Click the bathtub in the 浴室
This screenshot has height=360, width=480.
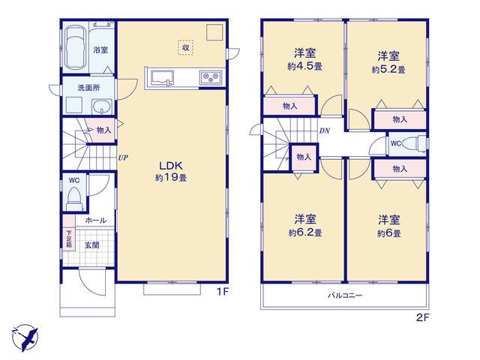tap(75, 48)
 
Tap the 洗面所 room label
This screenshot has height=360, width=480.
tap(88, 88)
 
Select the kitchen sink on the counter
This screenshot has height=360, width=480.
tap(161, 78)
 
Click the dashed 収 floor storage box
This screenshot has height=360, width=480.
tap(185, 47)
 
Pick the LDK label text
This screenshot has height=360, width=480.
tap(171, 166)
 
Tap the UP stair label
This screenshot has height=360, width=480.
tap(123, 158)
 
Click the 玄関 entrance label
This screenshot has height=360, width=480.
tap(91, 245)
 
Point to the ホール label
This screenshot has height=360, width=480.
tap(96, 220)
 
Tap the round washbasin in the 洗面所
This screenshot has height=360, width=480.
tap(102, 107)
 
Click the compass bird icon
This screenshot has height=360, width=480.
tap(25, 337)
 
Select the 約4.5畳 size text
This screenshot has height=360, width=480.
tap(304, 66)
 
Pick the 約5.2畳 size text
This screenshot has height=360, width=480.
tap(388, 70)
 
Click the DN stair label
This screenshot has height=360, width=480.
tap(325, 130)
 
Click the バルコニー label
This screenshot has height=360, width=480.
tap(345, 295)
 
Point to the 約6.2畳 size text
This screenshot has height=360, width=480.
tap(305, 232)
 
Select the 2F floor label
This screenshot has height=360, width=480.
tap(422, 318)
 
